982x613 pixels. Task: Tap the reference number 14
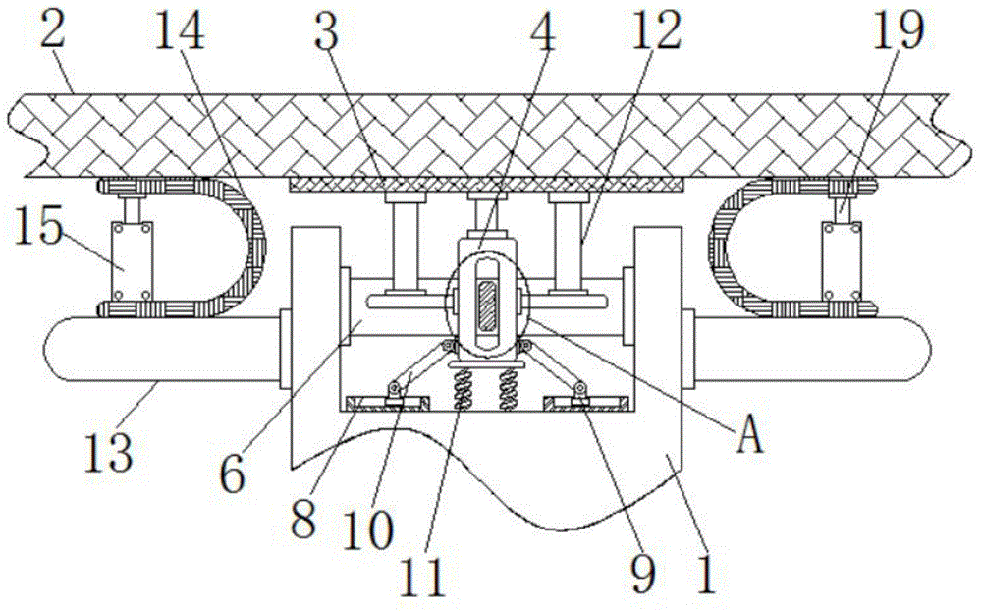click(x=181, y=34)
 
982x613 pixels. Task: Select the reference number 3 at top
click(x=327, y=34)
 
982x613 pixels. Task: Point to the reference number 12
click(x=656, y=34)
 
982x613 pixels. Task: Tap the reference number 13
click(x=109, y=454)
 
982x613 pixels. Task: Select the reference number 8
click(x=303, y=518)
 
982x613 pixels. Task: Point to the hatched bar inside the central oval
click(x=486, y=307)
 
